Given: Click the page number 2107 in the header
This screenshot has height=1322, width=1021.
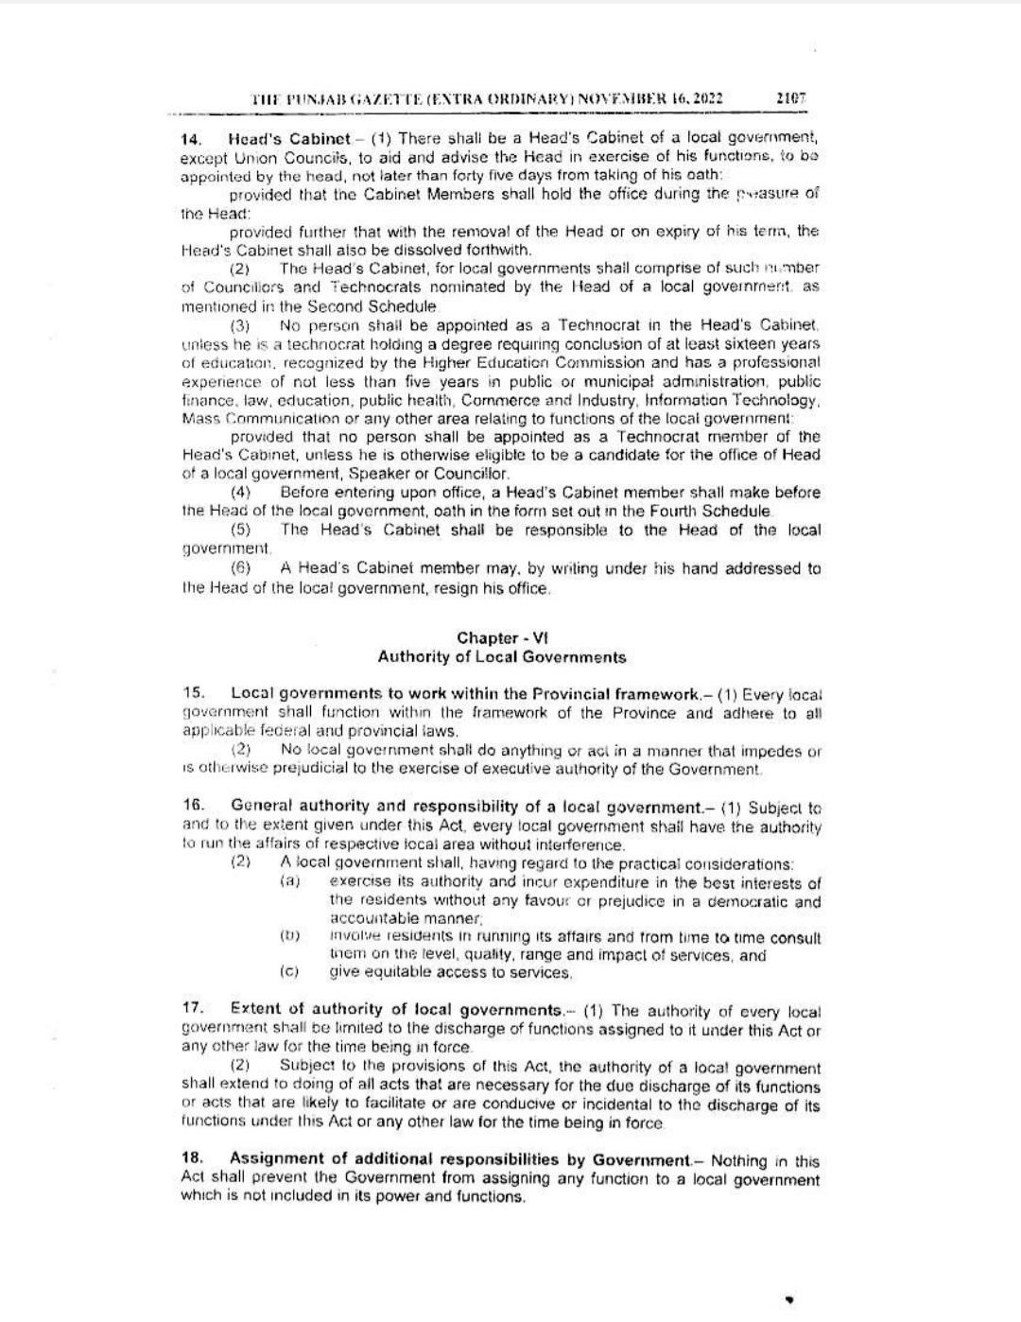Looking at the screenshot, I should pos(789,97).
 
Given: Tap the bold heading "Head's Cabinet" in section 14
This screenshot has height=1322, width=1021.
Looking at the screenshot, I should pos(290,138).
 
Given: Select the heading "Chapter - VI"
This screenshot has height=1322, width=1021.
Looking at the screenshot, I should pos(502,637).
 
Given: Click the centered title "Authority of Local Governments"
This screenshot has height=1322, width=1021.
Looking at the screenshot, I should pos(501,656).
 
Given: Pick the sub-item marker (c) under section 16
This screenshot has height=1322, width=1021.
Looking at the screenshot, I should pos(289,971).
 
